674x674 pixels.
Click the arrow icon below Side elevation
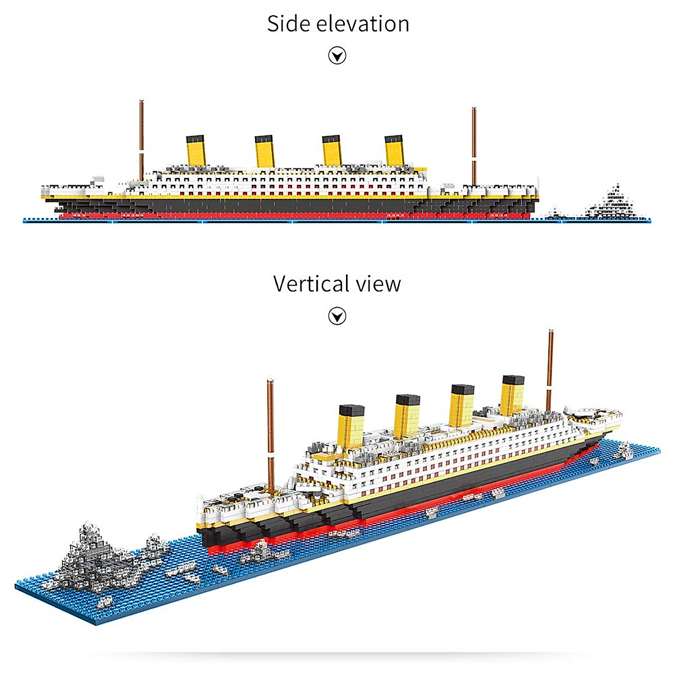(x=337, y=56)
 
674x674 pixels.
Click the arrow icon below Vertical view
(x=337, y=316)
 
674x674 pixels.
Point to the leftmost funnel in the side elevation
(x=196, y=150)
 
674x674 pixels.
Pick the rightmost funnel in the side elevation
(x=394, y=150)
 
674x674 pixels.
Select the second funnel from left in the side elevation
(x=264, y=150)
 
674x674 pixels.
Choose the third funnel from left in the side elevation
(x=331, y=150)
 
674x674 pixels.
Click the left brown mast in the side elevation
(x=142, y=140)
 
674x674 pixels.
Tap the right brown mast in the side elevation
(x=474, y=146)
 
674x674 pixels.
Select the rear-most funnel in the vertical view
(x=513, y=393)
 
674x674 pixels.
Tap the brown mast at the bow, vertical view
(x=270, y=432)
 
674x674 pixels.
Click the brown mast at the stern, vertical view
(x=550, y=368)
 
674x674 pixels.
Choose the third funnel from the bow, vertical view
(x=462, y=404)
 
